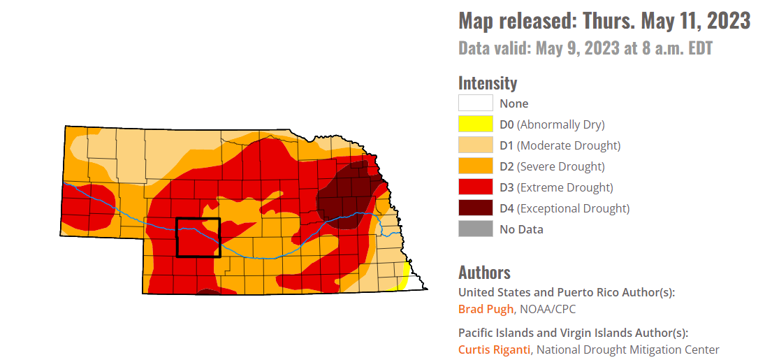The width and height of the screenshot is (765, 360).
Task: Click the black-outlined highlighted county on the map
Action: tap(198, 238)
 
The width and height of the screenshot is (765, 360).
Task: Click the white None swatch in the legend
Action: tap(475, 103)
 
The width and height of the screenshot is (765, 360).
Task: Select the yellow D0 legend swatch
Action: tap(475, 124)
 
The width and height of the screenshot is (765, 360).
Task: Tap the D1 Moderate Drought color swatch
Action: tap(475, 145)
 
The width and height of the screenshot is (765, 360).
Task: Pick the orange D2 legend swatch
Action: tap(475, 166)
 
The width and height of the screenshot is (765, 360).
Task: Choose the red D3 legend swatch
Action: tap(475, 187)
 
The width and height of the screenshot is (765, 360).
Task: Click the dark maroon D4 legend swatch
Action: tap(475, 208)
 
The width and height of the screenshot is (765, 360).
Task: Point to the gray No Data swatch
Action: tap(475, 229)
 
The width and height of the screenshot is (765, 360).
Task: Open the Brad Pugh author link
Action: tap(486, 309)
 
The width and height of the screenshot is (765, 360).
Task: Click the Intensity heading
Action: tap(488, 83)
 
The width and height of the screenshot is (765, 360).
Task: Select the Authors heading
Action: tap(484, 273)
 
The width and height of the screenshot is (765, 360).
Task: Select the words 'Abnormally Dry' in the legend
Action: tap(560, 124)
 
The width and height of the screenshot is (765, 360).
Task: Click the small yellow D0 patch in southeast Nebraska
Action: tap(403, 277)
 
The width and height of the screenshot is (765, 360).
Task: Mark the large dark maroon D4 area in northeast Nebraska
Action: tap(346, 196)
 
